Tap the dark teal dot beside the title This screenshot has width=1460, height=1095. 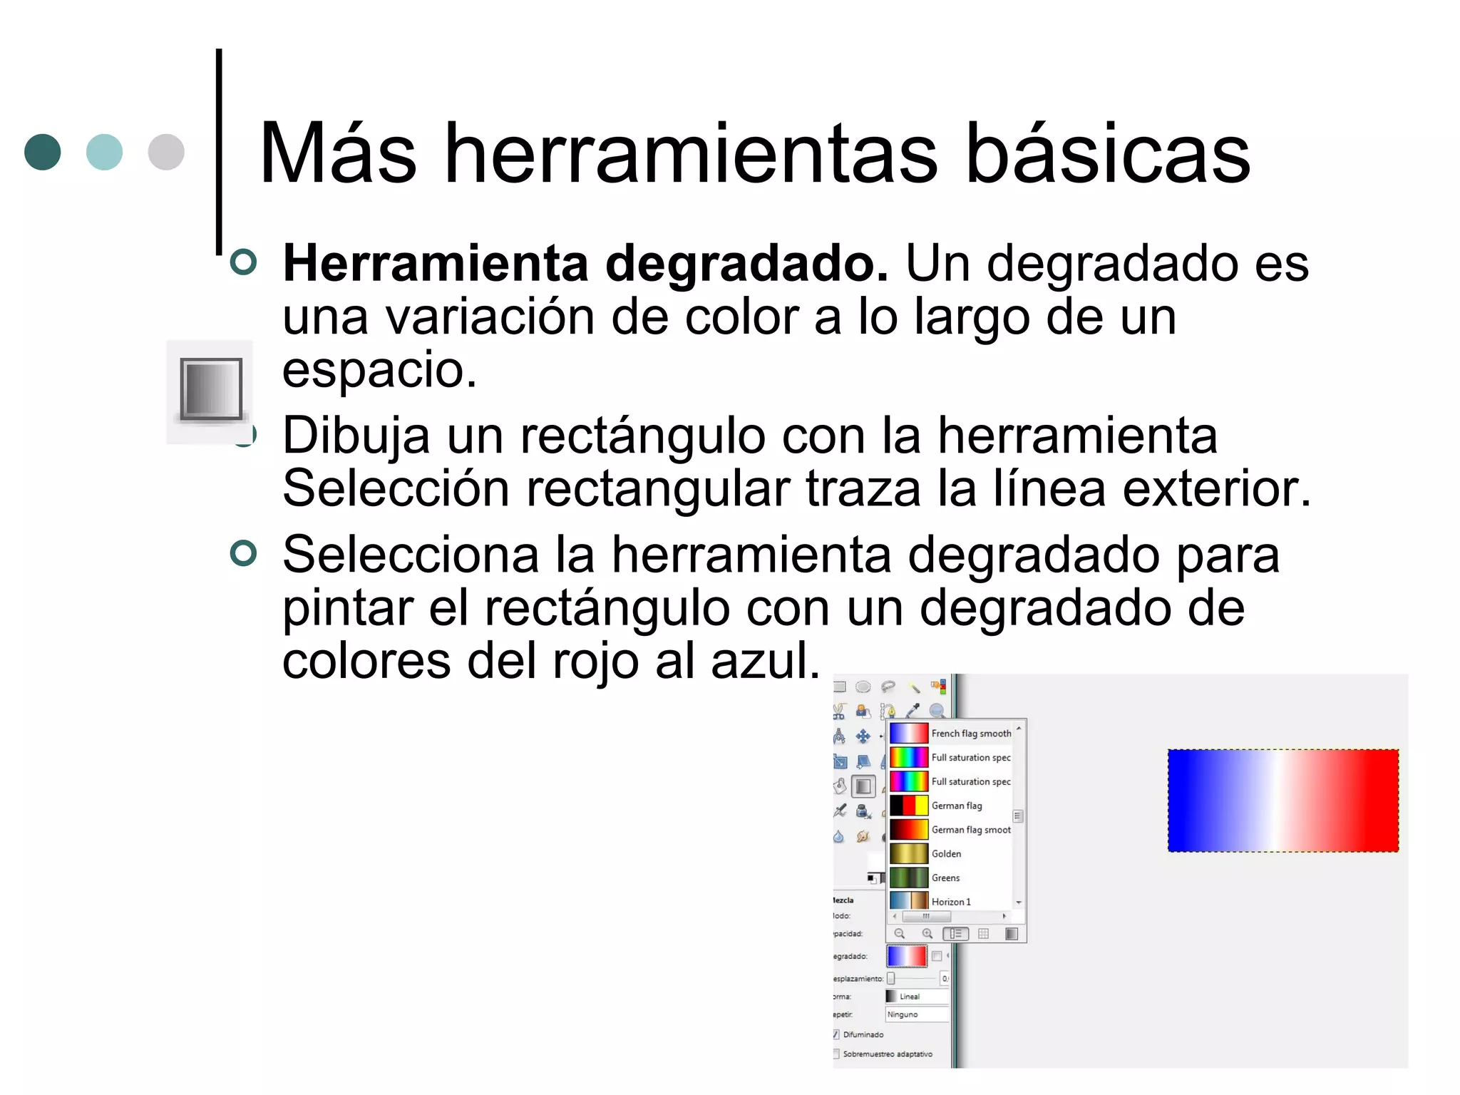coord(43,152)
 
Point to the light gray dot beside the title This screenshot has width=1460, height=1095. coord(166,152)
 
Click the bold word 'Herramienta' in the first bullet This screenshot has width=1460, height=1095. coord(435,264)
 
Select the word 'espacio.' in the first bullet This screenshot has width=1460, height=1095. coord(379,370)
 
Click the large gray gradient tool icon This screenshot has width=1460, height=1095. coord(211,390)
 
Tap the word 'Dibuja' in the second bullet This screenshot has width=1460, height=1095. coord(356,436)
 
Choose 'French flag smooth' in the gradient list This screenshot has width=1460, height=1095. coord(970,734)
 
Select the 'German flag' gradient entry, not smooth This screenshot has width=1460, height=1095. coord(956,806)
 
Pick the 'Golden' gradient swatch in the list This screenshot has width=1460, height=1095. coord(909,854)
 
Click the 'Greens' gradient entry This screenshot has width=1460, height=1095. coord(945,878)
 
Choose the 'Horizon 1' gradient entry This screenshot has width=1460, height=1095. coord(950,902)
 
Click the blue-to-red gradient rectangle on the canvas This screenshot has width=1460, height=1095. coord(1282,801)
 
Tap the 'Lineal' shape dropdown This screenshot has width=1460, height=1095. coord(917,997)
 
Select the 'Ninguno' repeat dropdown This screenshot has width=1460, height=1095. coord(917,1014)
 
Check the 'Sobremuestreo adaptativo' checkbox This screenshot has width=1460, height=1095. coord(836,1054)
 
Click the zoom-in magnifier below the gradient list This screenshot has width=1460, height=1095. coord(927,934)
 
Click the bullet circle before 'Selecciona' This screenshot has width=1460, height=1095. coord(244,553)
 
